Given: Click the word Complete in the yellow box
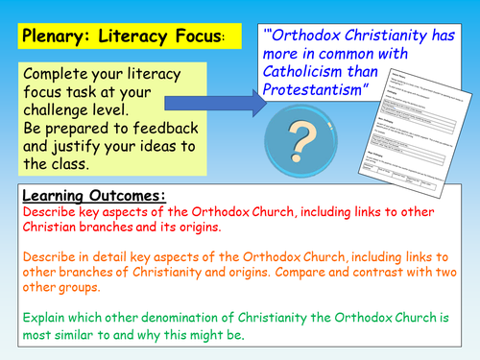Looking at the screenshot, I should [x=56, y=76].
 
